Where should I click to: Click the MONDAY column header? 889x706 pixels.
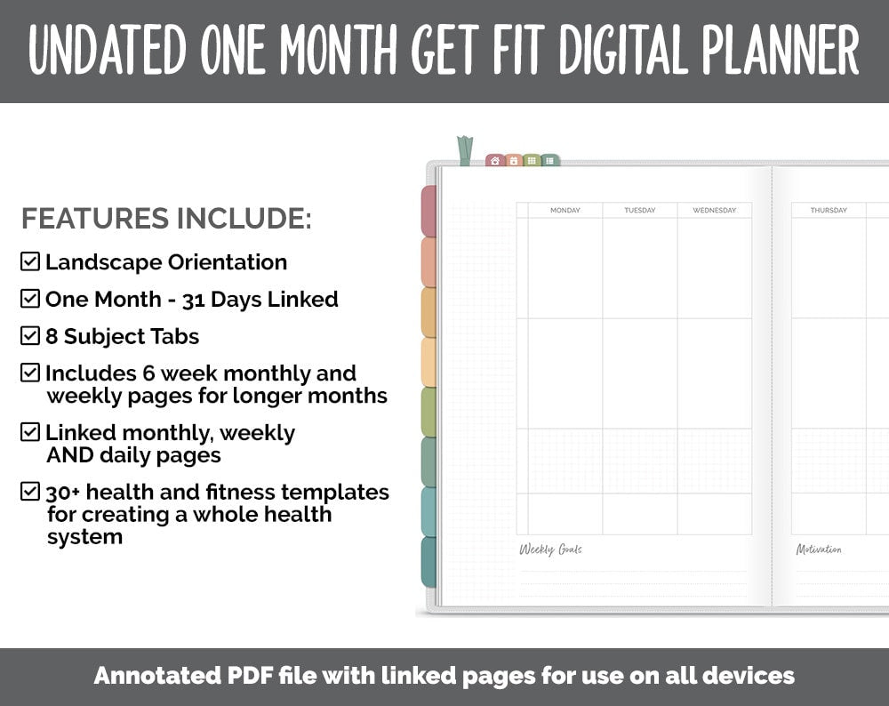click(x=565, y=211)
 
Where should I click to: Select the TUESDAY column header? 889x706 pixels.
click(x=639, y=211)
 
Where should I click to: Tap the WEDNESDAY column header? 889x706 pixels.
click(x=714, y=211)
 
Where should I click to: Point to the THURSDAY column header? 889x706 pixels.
click(x=829, y=211)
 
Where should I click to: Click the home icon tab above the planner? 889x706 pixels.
click(x=495, y=161)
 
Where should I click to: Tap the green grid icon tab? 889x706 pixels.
click(x=532, y=161)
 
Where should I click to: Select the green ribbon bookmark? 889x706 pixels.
click(x=465, y=150)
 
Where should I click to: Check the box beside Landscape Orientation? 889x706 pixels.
click(x=30, y=261)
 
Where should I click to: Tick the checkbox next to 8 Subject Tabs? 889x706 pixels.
click(x=30, y=336)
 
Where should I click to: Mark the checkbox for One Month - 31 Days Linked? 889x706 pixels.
click(x=30, y=299)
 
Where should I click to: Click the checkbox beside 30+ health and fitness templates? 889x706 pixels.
click(x=30, y=492)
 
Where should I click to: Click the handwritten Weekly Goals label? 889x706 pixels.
click(x=550, y=550)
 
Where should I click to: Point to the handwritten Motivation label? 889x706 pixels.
click(x=819, y=550)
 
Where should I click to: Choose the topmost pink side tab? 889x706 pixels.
click(x=428, y=211)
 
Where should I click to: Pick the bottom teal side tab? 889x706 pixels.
click(x=428, y=562)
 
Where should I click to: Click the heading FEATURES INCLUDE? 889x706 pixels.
click(x=166, y=219)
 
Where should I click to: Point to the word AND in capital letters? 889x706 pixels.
click(x=66, y=455)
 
